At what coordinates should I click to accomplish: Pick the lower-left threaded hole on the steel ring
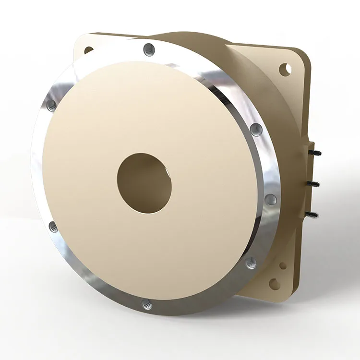pos(54,226)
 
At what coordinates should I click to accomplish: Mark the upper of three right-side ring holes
pos(257,129)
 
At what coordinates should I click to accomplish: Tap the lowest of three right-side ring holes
pos(251,262)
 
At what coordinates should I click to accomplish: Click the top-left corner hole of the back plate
pos(89,49)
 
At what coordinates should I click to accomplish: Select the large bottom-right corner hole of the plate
pos(275,284)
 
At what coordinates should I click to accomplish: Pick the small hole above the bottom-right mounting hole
pos(284,265)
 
